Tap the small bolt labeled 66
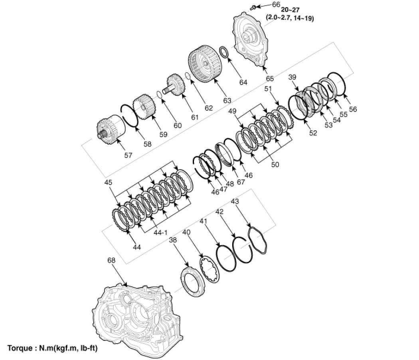[x=254, y=6]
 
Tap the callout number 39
[x=293, y=78]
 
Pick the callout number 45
[x=108, y=182]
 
